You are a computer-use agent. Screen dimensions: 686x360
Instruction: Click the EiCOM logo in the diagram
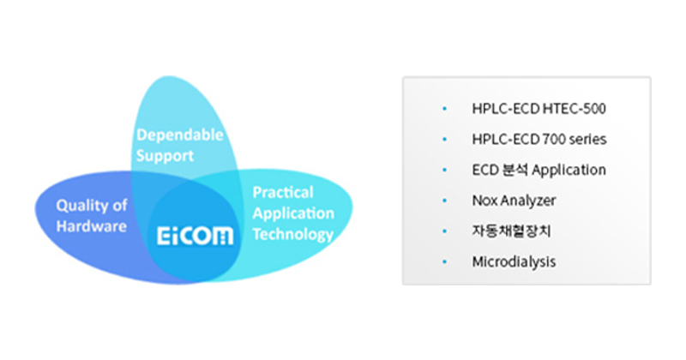tap(196, 236)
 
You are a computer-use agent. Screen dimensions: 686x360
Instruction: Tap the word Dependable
tap(180, 135)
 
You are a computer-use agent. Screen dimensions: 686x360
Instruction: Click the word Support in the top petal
tap(165, 156)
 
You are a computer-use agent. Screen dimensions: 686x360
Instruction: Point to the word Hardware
tap(92, 226)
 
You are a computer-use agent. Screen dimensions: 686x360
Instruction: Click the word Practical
tap(283, 192)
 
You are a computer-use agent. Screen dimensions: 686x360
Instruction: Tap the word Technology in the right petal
tap(293, 235)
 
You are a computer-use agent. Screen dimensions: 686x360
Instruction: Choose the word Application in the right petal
tap(293, 213)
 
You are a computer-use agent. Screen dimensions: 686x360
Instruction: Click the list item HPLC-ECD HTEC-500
tap(539, 109)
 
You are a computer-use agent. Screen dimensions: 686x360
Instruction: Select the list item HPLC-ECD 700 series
tap(539, 139)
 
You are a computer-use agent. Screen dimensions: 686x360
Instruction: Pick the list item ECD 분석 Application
tap(539, 170)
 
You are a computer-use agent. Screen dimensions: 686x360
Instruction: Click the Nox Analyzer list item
tap(514, 201)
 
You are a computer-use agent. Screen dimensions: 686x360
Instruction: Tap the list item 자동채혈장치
tap(511, 231)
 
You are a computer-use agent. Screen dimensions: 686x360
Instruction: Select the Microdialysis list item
tap(514, 261)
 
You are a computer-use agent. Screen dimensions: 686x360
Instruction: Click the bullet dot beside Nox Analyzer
tap(445, 201)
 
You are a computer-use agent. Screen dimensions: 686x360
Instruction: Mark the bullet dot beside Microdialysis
tap(445, 261)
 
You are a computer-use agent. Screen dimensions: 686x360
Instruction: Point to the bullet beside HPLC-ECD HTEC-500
tap(445, 109)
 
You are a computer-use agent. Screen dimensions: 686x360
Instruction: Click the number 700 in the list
tap(553, 139)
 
